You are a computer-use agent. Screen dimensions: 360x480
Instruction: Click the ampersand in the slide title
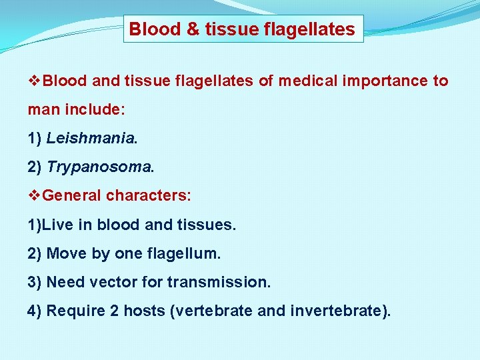(x=173, y=29)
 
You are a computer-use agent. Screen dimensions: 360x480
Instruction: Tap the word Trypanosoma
(x=99, y=167)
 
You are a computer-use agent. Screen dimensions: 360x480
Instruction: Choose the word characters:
(x=149, y=196)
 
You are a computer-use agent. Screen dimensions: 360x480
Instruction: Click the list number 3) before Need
(x=35, y=282)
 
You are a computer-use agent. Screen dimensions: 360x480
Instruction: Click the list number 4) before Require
(x=35, y=311)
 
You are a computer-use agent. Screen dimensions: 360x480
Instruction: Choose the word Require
(x=72, y=311)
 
